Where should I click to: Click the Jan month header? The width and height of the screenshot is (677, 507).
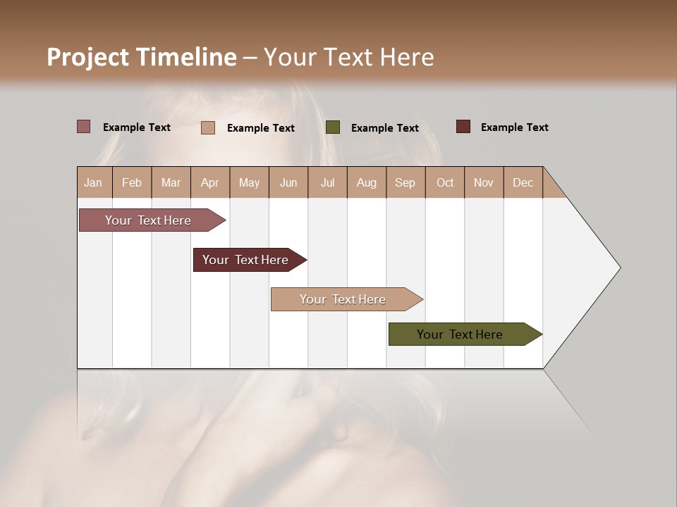click(93, 182)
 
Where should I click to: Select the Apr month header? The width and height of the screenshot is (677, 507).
click(209, 182)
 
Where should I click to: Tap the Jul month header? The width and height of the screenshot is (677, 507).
click(327, 182)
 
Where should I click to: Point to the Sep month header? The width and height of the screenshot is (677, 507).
click(405, 182)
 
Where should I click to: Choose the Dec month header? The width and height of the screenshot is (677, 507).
click(523, 182)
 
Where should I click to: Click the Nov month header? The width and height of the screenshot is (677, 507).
click(483, 182)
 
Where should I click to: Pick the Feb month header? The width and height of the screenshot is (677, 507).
click(132, 182)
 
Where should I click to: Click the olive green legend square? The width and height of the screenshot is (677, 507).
click(333, 127)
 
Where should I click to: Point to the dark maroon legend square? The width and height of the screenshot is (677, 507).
click(463, 127)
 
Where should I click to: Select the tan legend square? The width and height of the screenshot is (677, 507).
click(208, 127)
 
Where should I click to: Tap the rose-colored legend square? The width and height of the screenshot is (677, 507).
click(84, 127)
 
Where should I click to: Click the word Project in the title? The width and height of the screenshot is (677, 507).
click(87, 57)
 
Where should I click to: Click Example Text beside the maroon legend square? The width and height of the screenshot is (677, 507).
click(514, 127)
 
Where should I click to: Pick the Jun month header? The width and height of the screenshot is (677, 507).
click(288, 182)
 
